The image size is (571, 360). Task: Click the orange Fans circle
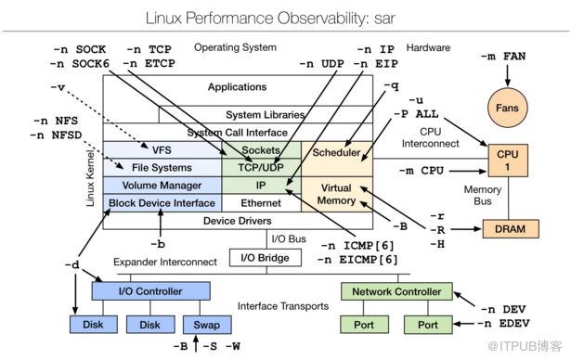(507, 108)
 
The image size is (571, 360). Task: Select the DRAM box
(511, 229)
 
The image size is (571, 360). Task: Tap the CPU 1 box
(508, 161)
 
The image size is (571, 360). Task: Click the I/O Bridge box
(266, 258)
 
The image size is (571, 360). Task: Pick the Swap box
(207, 325)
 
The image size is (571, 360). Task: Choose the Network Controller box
(396, 291)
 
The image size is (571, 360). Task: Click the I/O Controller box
(150, 291)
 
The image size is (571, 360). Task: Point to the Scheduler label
(336, 152)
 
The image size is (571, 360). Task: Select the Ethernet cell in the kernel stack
(261, 203)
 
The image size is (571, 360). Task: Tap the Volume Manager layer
(162, 186)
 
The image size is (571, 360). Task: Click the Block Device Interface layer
(162, 203)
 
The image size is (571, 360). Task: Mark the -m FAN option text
(503, 57)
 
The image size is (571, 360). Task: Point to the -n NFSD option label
(56, 135)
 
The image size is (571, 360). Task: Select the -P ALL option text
(416, 114)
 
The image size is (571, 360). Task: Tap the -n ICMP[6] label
(357, 246)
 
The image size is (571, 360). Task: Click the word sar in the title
(384, 19)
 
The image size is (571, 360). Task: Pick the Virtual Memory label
(336, 194)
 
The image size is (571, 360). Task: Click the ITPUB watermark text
(525, 346)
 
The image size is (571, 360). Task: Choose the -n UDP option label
(321, 64)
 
